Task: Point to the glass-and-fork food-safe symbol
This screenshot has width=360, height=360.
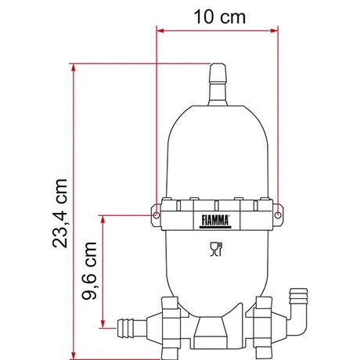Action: point(217,250)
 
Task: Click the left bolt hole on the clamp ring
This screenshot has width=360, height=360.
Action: point(157,214)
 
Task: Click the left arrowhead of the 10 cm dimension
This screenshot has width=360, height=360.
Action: point(161,31)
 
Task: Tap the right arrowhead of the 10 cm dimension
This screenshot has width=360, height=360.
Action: point(273,31)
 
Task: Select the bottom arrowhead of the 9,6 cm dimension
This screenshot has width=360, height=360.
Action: point(104,322)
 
